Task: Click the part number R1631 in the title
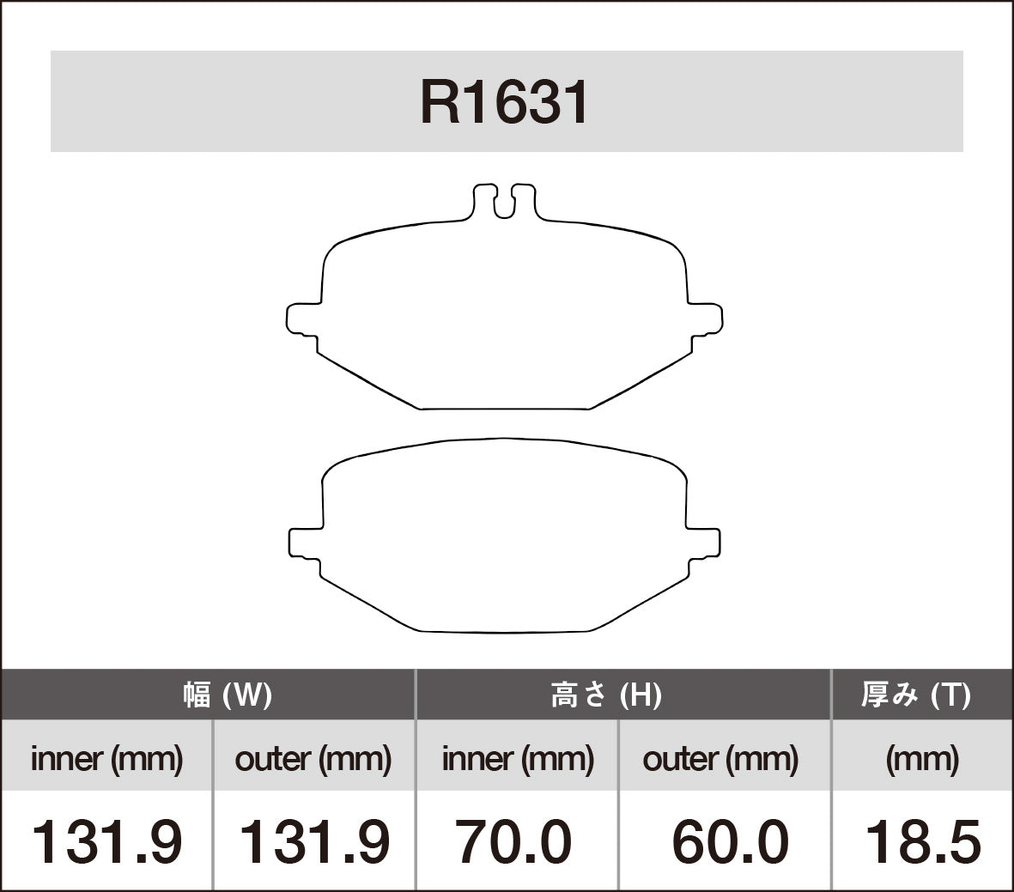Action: pyautogui.click(x=505, y=104)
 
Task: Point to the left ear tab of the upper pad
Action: pyautogui.click(x=301, y=318)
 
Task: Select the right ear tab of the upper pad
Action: pyautogui.click(x=705, y=318)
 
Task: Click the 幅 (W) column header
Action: pyautogui.click(x=227, y=695)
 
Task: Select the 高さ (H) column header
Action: pyautogui.click(x=606, y=695)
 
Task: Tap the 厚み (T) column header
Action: pyautogui.click(x=915, y=695)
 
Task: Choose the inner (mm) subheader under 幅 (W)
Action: pyautogui.click(x=106, y=759)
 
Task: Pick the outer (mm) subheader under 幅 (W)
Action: pyautogui.click(x=313, y=759)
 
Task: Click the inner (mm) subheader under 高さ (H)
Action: pyautogui.click(x=518, y=759)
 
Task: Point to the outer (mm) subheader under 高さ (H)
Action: pyautogui.click(x=720, y=759)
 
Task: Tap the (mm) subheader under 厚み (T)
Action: pyautogui.click(x=922, y=759)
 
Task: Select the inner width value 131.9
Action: pyautogui.click(x=106, y=841)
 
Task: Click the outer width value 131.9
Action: pyautogui.click(x=313, y=841)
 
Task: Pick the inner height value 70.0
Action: pyautogui.click(x=513, y=841)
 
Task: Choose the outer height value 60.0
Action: pyautogui.click(x=729, y=841)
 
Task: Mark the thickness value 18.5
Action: pyautogui.click(x=922, y=841)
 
